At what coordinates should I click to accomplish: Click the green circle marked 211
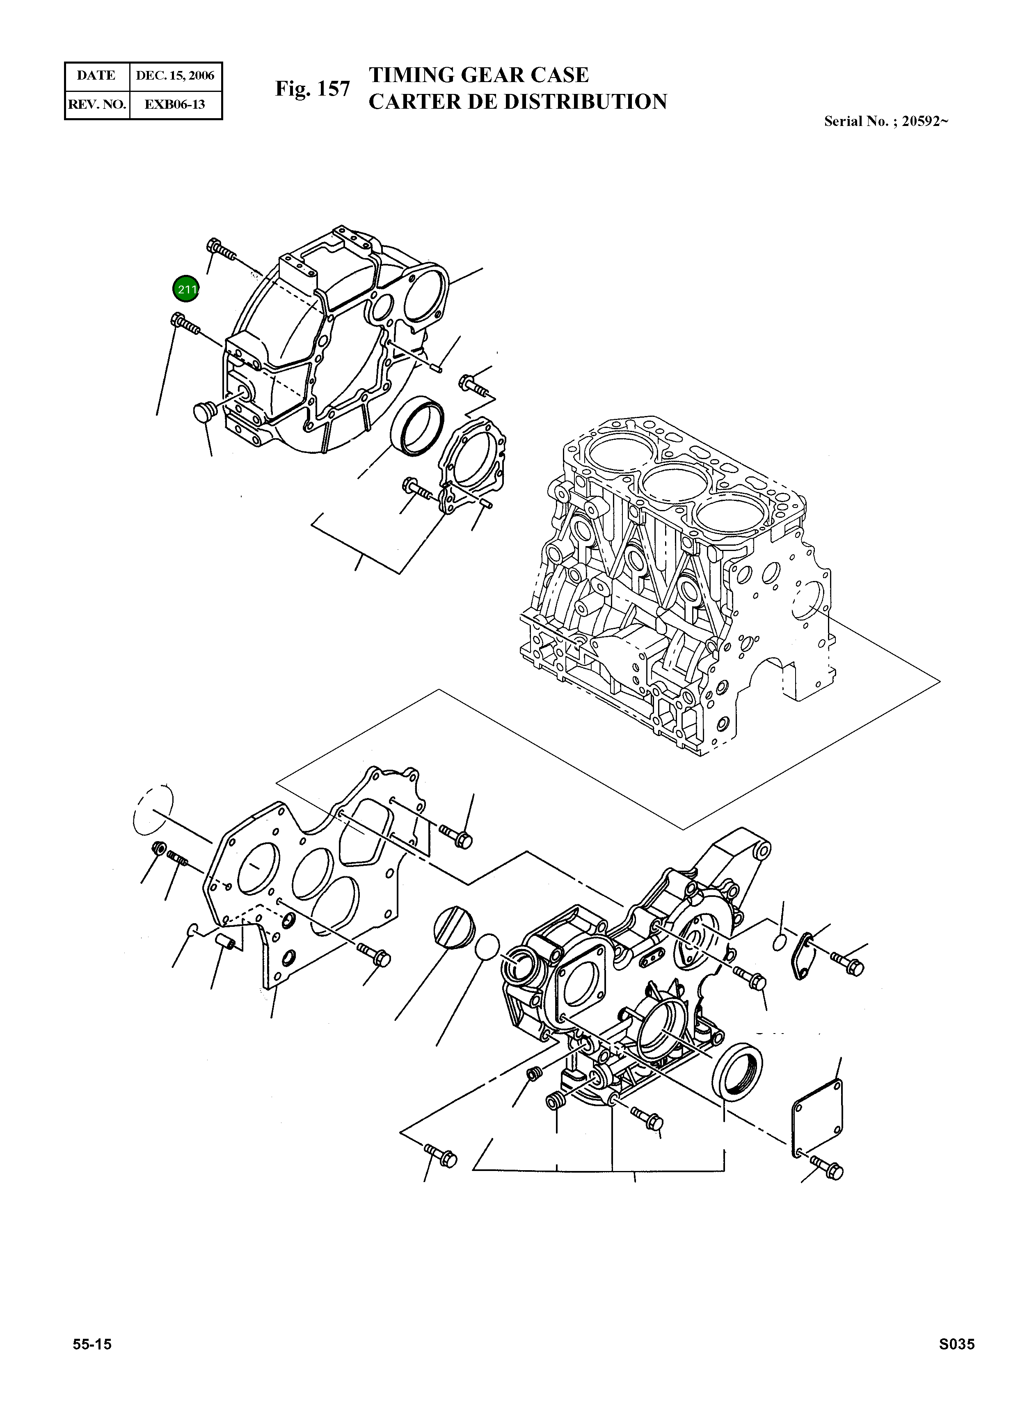pyautogui.click(x=185, y=289)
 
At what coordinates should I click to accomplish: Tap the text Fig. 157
pyautogui.click(x=312, y=89)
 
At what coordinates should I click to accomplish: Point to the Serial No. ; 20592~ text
pyautogui.click(x=885, y=122)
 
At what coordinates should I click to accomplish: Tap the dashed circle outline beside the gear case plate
pyautogui.click(x=153, y=810)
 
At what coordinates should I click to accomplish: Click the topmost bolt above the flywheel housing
pyautogui.click(x=220, y=249)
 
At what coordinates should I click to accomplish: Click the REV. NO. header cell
pyautogui.click(x=96, y=104)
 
